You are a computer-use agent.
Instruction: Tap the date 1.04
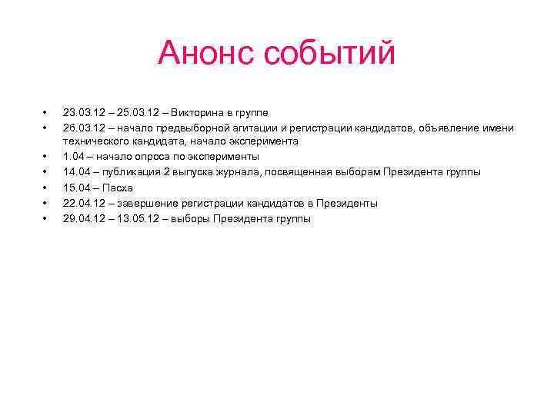click(x=75, y=158)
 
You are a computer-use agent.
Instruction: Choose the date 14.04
click(x=78, y=173)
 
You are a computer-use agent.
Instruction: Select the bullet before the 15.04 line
click(x=45, y=188)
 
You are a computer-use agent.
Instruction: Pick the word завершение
click(x=148, y=204)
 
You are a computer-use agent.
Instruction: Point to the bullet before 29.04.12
click(x=45, y=219)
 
